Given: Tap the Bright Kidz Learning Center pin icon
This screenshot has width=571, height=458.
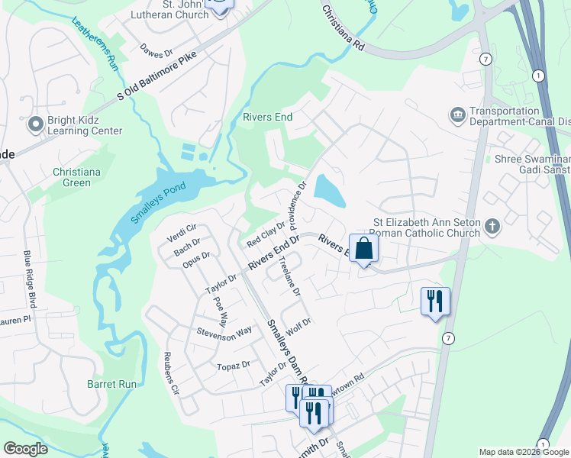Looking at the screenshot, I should [x=35, y=124].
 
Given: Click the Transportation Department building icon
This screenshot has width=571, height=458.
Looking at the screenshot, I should [x=457, y=114].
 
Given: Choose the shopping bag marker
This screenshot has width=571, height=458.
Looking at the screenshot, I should [x=364, y=248].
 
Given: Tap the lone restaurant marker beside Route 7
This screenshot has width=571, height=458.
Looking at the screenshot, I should [x=435, y=301].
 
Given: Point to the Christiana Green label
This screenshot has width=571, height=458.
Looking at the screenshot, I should [x=76, y=177].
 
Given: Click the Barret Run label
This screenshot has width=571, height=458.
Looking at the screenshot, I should [x=111, y=384].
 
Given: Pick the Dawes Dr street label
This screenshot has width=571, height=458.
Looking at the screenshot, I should [x=157, y=54].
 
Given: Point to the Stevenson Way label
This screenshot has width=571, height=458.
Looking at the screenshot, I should [x=224, y=332].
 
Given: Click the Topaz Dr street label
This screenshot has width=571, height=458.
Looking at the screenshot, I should [x=234, y=366].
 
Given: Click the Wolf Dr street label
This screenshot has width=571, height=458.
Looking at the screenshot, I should [x=298, y=325].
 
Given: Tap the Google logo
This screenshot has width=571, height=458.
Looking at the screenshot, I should [x=25, y=449].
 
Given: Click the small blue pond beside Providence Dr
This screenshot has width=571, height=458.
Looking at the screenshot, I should [x=330, y=190].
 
